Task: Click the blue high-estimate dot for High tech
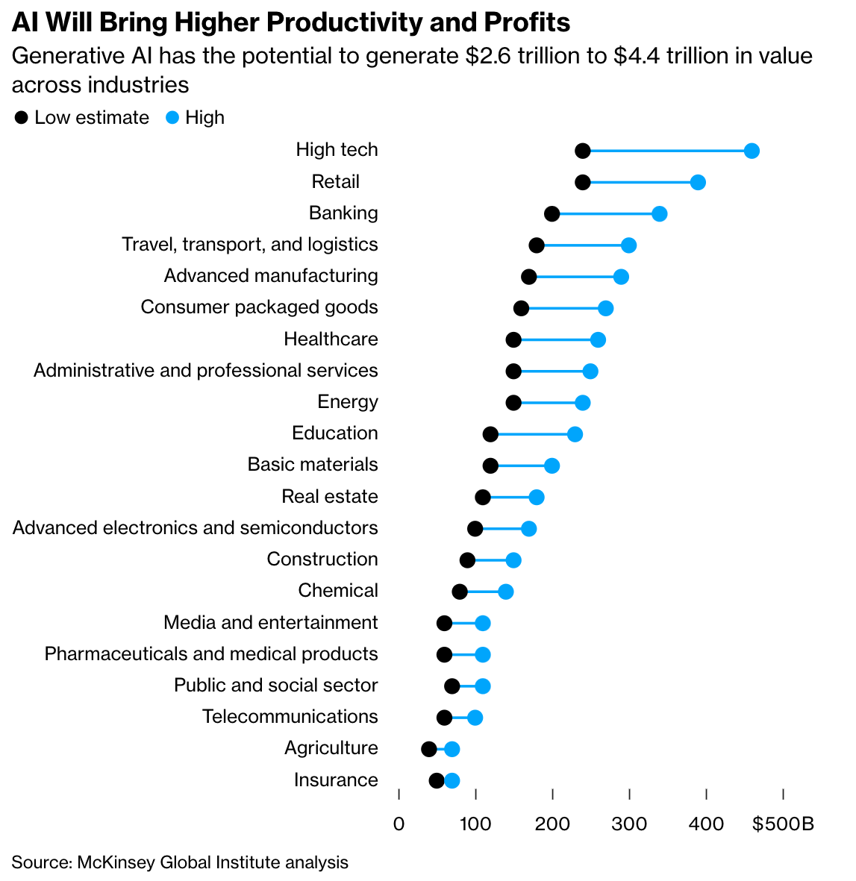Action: tap(752, 151)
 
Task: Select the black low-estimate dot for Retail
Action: tap(583, 183)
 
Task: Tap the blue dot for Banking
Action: tap(660, 214)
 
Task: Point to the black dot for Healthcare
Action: tap(513, 340)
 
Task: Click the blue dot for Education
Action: tap(575, 435)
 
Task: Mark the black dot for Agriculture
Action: tap(429, 749)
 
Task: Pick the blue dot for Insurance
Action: tap(452, 781)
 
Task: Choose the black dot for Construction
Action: tap(467, 560)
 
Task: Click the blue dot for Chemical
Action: tap(506, 592)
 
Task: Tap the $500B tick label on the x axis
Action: tap(783, 824)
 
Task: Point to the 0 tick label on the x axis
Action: tap(399, 824)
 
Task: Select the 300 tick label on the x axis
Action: tap(629, 824)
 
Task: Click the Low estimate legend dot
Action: tap(22, 118)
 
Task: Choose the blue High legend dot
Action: tap(172, 118)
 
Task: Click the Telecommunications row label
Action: tap(290, 717)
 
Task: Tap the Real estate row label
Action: tap(329, 497)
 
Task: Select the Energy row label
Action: tap(347, 402)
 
